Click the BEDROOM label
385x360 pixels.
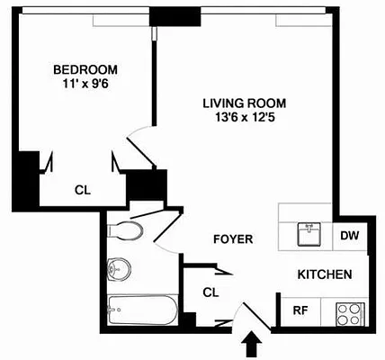tap(86, 70)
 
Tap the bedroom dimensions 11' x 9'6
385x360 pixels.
tap(86, 85)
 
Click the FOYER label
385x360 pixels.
tap(232, 239)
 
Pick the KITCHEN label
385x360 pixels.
tap(324, 274)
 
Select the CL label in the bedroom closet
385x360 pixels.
tap(82, 190)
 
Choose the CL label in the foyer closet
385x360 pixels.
tap(210, 292)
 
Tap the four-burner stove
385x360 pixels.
tap(348, 313)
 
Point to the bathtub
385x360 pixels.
tap(142, 312)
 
